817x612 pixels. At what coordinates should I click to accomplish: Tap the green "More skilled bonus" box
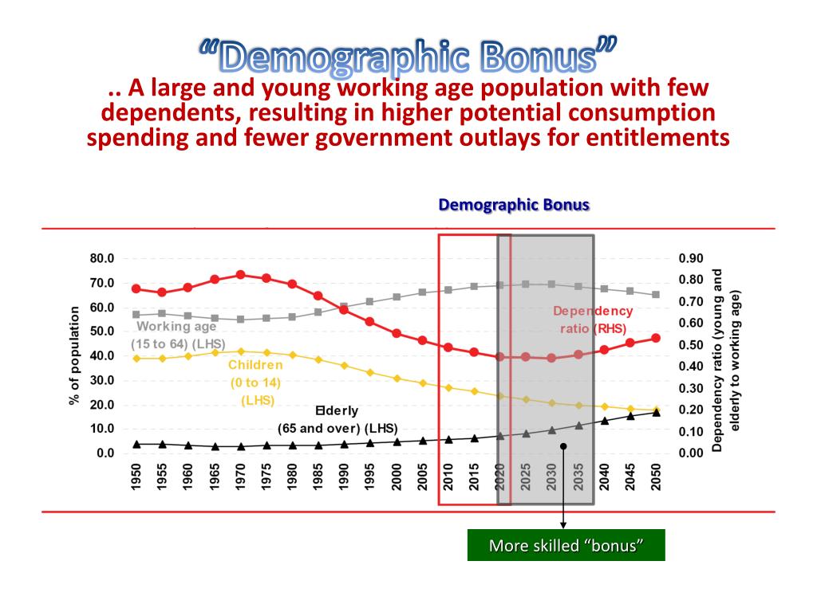click(x=566, y=545)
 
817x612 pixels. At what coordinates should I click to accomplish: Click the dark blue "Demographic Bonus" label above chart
click(x=514, y=205)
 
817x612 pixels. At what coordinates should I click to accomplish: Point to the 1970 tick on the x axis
click(x=240, y=480)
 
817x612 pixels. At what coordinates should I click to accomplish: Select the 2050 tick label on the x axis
click(x=656, y=480)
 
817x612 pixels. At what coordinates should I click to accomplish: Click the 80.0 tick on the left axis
click(x=101, y=259)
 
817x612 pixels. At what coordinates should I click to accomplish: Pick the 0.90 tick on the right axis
click(x=691, y=259)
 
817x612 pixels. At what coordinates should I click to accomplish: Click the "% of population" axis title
click(x=74, y=355)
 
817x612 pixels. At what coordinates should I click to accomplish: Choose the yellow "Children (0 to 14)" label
click(x=255, y=382)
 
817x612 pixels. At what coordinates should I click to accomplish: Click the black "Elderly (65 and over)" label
click(x=337, y=420)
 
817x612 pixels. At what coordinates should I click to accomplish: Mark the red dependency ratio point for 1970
click(x=240, y=275)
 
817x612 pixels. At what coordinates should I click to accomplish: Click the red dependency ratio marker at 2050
click(x=656, y=338)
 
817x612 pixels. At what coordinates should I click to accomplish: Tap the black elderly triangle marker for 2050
click(x=656, y=413)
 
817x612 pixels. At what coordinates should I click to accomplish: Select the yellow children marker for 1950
click(x=136, y=359)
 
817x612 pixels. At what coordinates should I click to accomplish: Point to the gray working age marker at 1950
click(x=136, y=315)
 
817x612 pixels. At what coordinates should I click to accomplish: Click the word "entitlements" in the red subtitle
click(x=652, y=137)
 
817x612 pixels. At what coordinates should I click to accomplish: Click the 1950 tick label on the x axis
click(x=136, y=480)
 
